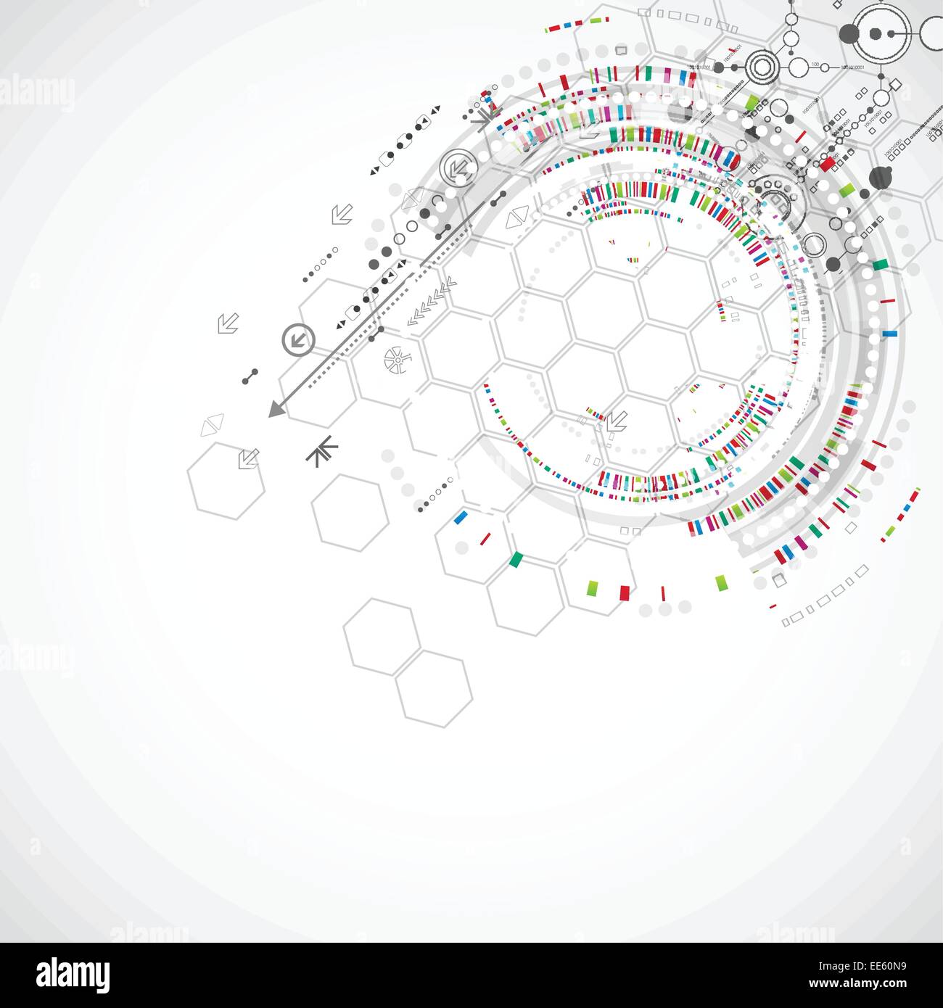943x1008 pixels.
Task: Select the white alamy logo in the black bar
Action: tap(73, 975)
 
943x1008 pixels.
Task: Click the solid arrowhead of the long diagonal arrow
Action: tap(276, 410)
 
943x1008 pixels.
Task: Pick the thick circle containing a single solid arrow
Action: tap(298, 339)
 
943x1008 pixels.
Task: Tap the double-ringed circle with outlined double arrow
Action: tap(458, 168)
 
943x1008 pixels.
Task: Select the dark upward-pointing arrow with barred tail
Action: tap(321, 451)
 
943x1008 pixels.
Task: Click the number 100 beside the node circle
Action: tap(815, 65)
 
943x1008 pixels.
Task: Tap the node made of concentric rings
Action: tap(762, 67)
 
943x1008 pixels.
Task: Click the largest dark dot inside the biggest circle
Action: tap(876, 33)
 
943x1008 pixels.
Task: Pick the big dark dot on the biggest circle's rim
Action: tap(849, 33)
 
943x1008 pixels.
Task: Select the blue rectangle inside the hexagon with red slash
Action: tap(460, 517)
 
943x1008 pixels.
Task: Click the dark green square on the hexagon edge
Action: tap(516, 559)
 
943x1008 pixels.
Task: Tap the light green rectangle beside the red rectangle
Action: tap(593, 587)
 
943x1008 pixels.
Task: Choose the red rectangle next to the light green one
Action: tap(624, 592)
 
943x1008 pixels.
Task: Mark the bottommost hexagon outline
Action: tap(434, 689)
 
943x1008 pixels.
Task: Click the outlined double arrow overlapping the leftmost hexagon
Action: tap(248, 458)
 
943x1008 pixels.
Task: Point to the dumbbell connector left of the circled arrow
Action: tap(250, 376)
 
